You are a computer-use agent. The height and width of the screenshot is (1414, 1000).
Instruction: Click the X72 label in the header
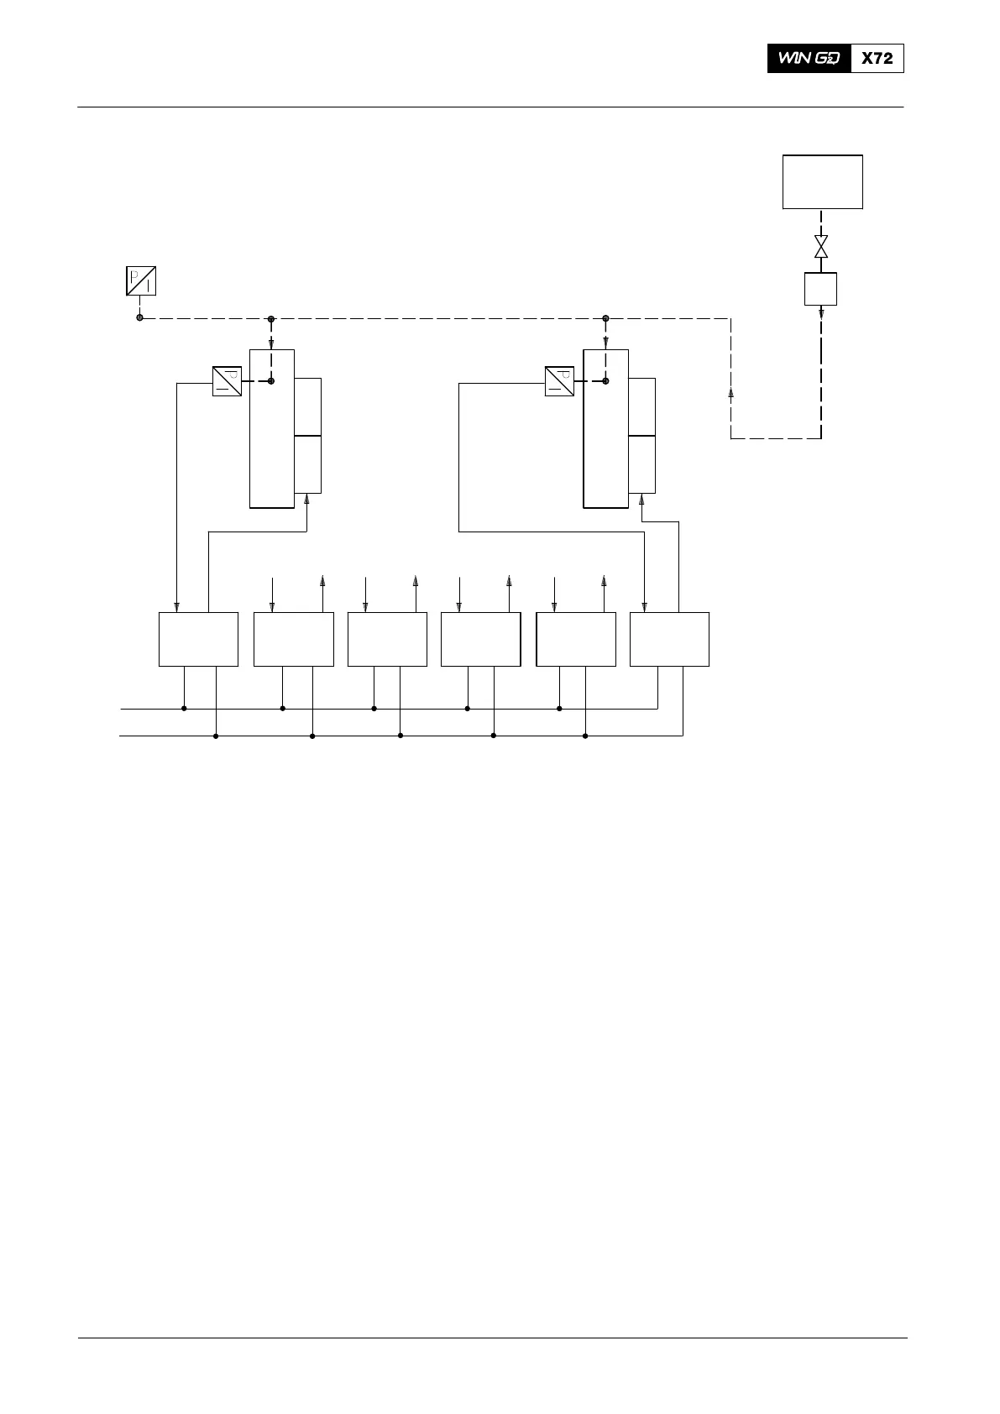pos(877,59)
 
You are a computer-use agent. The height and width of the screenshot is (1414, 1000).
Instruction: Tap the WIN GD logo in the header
pos(809,59)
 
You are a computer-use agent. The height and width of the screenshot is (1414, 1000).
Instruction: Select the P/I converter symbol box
pos(140,280)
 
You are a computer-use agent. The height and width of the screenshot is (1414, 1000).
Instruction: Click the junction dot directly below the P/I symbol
pos(139,317)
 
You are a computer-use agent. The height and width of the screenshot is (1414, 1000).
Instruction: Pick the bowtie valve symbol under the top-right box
pos(821,247)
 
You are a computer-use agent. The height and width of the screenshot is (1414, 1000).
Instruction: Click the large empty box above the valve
pos(822,181)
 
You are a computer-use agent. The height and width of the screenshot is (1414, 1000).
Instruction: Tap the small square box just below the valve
pos(821,289)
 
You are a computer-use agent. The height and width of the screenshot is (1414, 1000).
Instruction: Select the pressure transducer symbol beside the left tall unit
pos(227,381)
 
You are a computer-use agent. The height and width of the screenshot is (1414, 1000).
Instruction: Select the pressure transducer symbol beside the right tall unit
pos(559,381)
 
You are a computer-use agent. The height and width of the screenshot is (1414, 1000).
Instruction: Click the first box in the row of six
pos(198,639)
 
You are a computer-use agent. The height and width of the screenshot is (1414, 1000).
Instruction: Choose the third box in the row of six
pos(387,639)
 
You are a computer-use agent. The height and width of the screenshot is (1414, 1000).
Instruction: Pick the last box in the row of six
pos(669,639)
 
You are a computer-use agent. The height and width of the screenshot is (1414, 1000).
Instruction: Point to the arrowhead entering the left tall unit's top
pos(271,343)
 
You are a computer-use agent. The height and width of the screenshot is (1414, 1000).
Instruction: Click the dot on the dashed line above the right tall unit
pos(605,318)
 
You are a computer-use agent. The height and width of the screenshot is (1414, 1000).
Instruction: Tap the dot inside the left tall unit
pos(271,381)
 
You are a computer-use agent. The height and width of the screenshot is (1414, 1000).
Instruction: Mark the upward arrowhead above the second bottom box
pos(323,579)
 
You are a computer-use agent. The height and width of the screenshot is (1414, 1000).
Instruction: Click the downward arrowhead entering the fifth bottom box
pos(553,606)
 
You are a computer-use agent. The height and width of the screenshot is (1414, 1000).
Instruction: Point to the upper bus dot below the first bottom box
pos(184,709)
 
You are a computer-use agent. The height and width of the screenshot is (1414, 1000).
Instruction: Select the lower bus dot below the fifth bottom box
pos(585,736)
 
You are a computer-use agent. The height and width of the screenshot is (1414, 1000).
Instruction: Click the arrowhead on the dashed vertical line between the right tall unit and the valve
pos(730,392)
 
